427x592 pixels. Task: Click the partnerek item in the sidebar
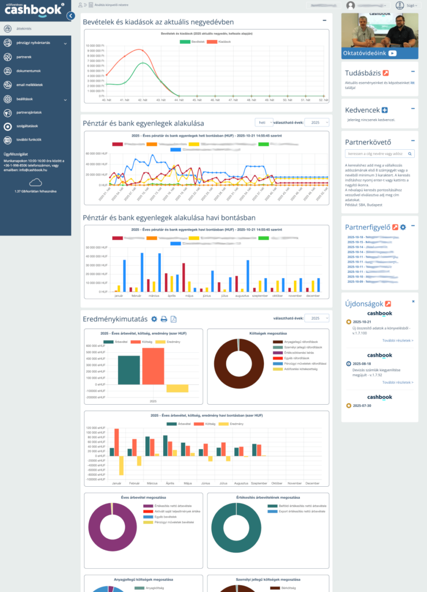tap(24, 57)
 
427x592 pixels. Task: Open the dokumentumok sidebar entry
tap(28, 71)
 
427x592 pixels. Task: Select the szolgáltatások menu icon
tap(7, 126)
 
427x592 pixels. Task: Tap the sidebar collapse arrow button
tap(71, 16)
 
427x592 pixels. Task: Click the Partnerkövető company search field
tap(377, 154)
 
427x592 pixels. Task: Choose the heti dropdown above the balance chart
tap(264, 123)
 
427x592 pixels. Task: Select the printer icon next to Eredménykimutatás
tap(164, 319)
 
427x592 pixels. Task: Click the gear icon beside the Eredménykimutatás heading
tap(154, 319)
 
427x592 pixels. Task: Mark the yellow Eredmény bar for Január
tap(122, 465)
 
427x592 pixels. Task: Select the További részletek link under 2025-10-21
tap(397, 341)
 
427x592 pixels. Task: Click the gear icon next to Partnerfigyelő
tap(403, 227)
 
